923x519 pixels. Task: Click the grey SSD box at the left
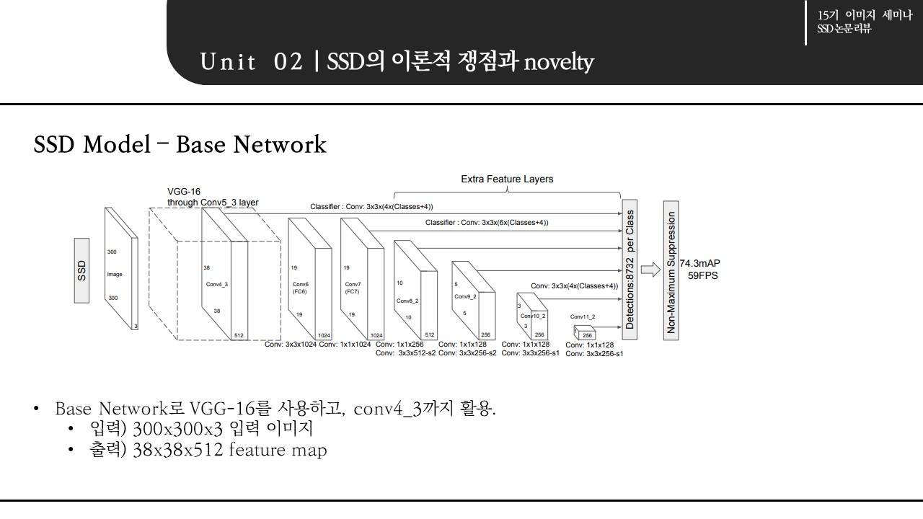point(81,270)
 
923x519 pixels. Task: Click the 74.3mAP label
point(700,264)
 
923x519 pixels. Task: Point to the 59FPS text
point(703,275)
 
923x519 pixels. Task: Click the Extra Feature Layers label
point(507,179)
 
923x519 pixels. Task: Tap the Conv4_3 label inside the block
point(217,284)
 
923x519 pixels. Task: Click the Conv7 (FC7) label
point(353,288)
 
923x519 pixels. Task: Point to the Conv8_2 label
point(407,300)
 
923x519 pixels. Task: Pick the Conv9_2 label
point(465,296)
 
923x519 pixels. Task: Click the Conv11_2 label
point(583,316)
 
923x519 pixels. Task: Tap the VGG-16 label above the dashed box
point(184,192)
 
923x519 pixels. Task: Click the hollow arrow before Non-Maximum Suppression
point(650,270)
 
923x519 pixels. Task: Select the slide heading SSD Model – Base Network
point(180,145)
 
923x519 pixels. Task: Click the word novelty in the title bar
point(559,63)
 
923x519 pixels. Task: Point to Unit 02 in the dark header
point(252,63)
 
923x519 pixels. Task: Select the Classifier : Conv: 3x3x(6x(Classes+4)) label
point(487,223)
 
